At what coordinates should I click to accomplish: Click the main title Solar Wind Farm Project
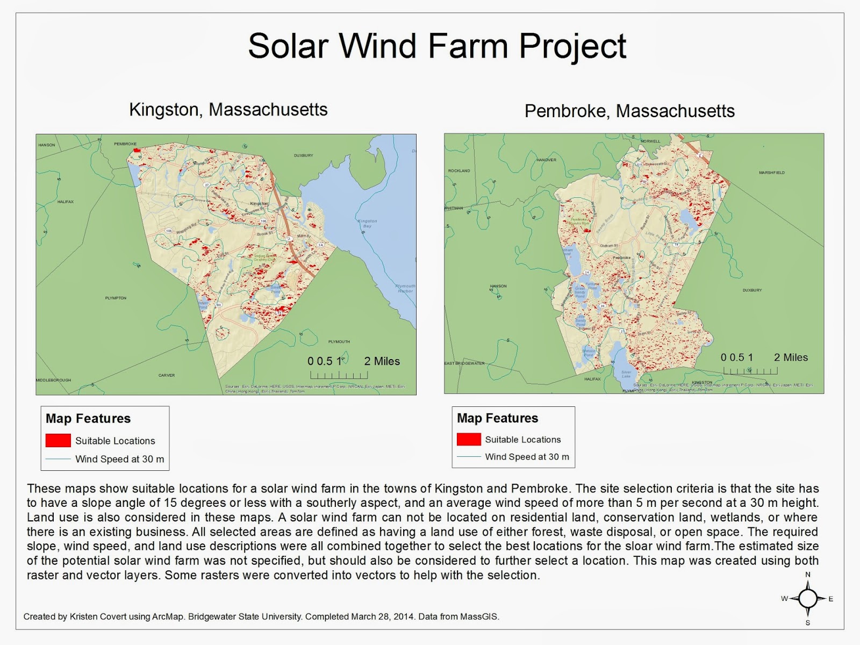pos(437,46)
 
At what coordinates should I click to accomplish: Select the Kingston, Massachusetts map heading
pos(228,110)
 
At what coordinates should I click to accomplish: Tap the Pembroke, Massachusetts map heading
pos(629,111)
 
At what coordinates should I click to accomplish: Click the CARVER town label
pos(167,375)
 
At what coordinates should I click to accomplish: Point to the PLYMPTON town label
pos(116,298)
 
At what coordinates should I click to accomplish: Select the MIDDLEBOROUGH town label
pos(53,380)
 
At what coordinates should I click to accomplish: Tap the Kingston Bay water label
pos(368,223)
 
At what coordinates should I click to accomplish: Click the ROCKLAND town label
pos(459,170)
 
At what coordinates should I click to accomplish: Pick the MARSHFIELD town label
pos(771,173)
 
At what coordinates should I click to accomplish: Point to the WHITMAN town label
pos(454,208)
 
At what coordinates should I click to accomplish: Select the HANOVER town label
pos(546,160)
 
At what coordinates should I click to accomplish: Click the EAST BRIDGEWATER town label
pos(464,363)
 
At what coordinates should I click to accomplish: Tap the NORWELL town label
pos(650,141)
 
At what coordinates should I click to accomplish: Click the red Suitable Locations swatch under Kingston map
pos(58,441)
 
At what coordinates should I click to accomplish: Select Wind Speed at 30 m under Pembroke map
pos(527,457)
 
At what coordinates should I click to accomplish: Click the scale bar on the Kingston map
pos(339,375)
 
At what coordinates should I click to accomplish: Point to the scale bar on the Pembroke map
pos(750,371)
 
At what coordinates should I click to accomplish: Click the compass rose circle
pos(807,598)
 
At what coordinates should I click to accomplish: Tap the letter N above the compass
pos(807,575)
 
